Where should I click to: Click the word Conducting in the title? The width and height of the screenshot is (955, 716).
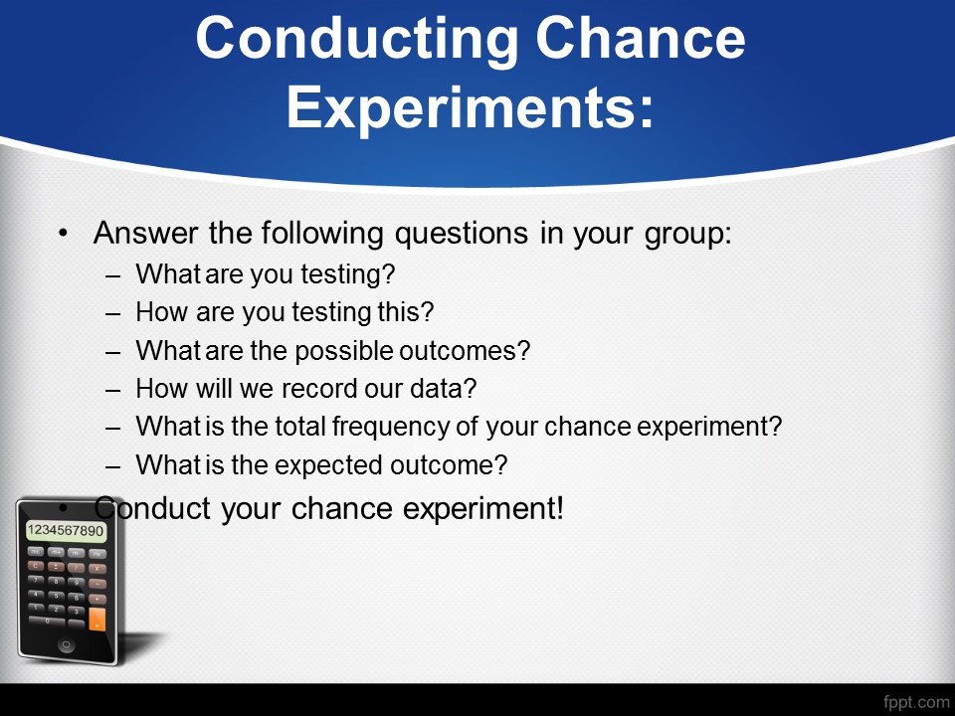(x=357, y=40)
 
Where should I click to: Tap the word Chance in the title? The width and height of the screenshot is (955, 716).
(x=641, y=38)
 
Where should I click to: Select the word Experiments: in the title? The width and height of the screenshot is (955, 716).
(x=471, y=108)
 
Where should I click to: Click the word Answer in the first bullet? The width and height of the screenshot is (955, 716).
(x=146, y=233)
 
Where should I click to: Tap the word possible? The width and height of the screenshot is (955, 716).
(x=344, y=352)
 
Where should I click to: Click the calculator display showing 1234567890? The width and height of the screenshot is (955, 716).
(x=66, y=530)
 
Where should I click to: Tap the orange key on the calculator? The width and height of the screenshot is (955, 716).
(x=96, y=619)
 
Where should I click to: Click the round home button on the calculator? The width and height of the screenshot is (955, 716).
(x=67, y=644)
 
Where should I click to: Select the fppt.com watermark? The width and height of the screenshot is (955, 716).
(x=916, y=701)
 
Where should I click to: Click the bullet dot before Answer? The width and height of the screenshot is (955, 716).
(x=63, y=233)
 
